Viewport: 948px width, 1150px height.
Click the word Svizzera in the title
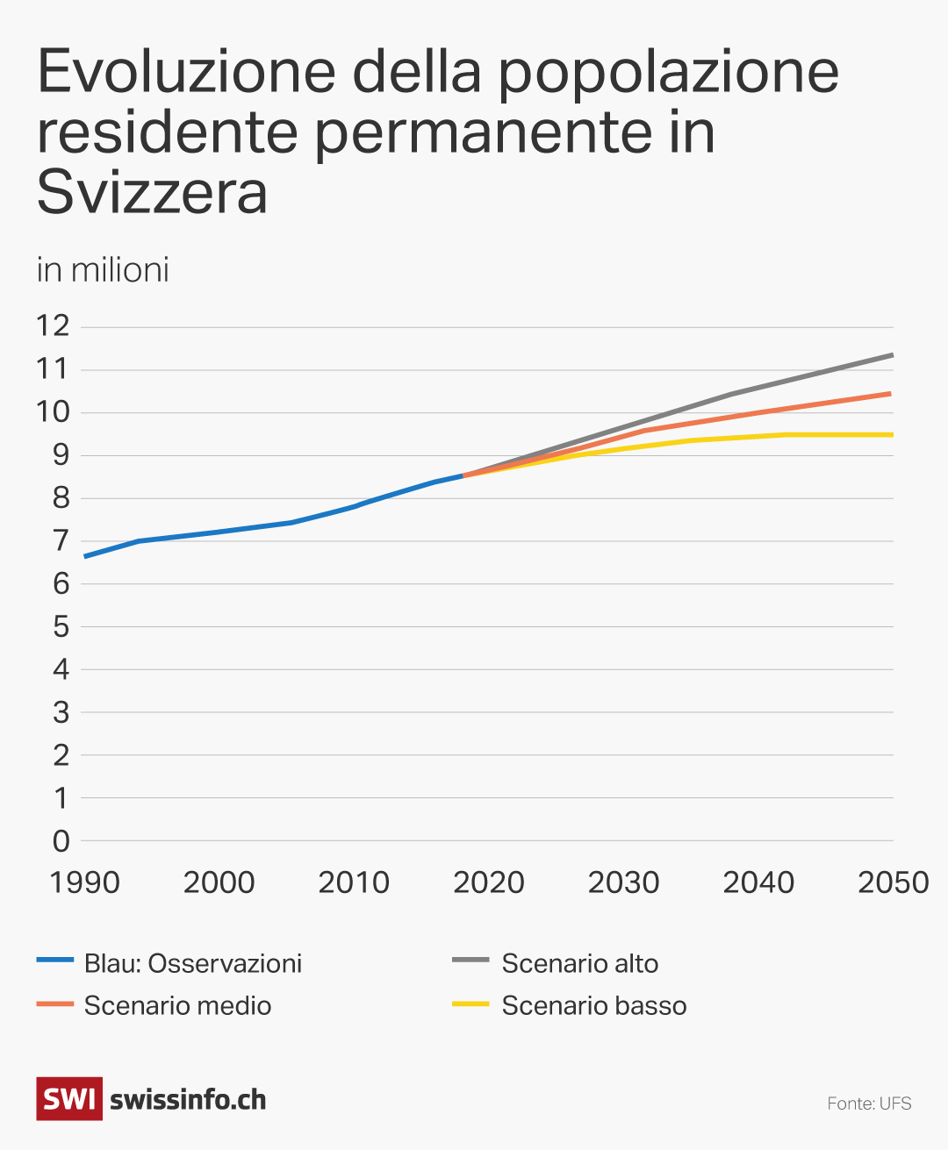(152, 192)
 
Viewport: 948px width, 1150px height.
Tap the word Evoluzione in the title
(186, 72)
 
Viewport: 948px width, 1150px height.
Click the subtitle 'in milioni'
(103, 270)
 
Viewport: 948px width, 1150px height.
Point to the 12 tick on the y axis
(53, 326)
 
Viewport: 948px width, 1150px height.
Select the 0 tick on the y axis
(61, 841)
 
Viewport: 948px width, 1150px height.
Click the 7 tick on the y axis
(61, 541)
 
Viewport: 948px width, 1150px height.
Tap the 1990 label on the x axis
(84, 882)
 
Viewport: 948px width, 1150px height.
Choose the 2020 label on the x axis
(489, 882)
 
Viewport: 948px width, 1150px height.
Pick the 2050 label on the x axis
(893, 882)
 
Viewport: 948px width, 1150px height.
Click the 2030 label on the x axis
(623, 882)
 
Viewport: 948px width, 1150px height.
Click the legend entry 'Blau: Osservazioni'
(192, 963)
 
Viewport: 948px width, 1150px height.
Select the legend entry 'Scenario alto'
(579, 963)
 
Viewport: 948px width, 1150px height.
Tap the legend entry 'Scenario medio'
(177, 1005)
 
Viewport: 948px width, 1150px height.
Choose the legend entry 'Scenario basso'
(593, 1005)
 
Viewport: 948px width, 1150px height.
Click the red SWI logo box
(69, 1099)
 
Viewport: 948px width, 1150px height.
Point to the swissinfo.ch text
(188, 1100)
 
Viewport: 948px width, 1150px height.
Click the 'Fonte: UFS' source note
(869, 1104)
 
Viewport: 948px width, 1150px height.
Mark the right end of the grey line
(892, 355)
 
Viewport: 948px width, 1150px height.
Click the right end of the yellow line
(892, 434)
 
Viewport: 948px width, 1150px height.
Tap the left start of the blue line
(85, 556)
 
